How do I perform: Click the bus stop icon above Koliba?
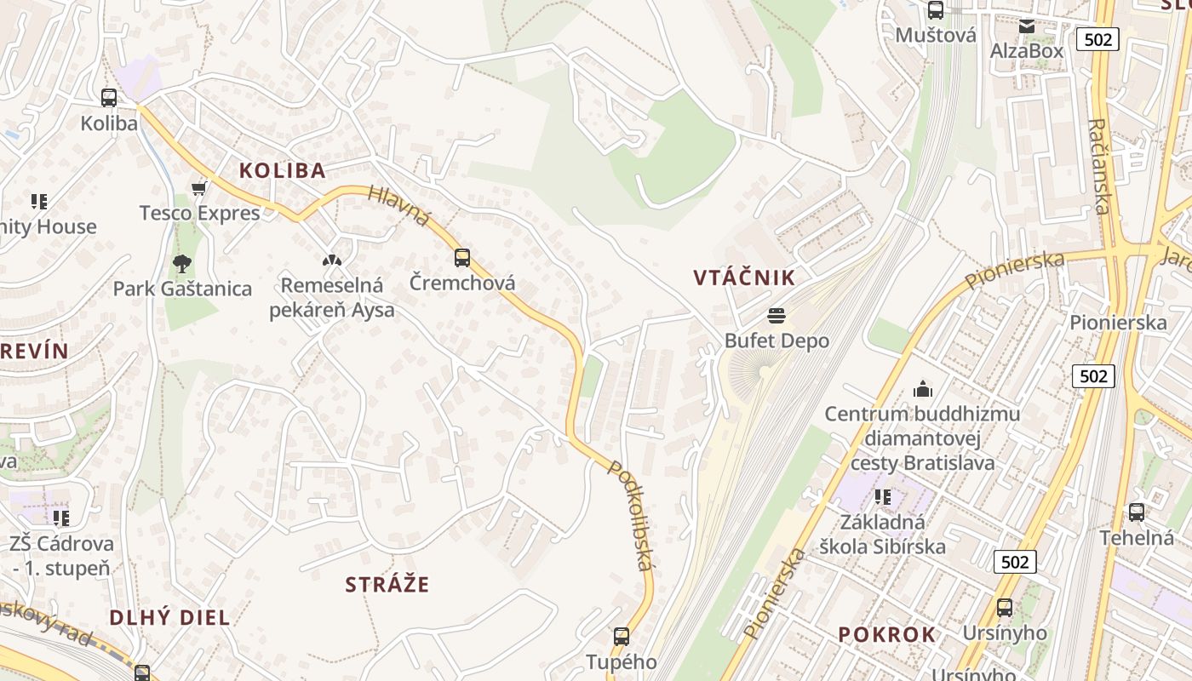(109, 98)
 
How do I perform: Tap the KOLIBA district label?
(283, 170)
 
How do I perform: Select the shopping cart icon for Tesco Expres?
(199, 187)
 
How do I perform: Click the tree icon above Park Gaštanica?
(181, 263)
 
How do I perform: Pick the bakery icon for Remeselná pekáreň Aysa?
(331, 260)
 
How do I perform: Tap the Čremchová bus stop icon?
(462, 257)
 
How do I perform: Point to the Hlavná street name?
(399, 206)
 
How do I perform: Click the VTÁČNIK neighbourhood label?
(744, 278)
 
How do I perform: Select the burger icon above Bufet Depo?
(776, 317)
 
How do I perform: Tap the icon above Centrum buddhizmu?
(922, 390)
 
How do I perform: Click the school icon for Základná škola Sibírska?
(882, 496)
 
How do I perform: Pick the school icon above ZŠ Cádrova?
(60, 518)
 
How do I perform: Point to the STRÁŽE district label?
(387, 585)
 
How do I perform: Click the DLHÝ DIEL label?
(170, 618)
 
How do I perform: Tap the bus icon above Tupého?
(622, 636)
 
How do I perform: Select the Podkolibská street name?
(631, 516)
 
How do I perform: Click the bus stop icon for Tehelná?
(1137, 512)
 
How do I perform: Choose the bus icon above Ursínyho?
(1005, 608)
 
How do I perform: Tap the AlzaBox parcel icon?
(1027, 26)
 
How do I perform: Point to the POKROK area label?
(887, 635)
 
